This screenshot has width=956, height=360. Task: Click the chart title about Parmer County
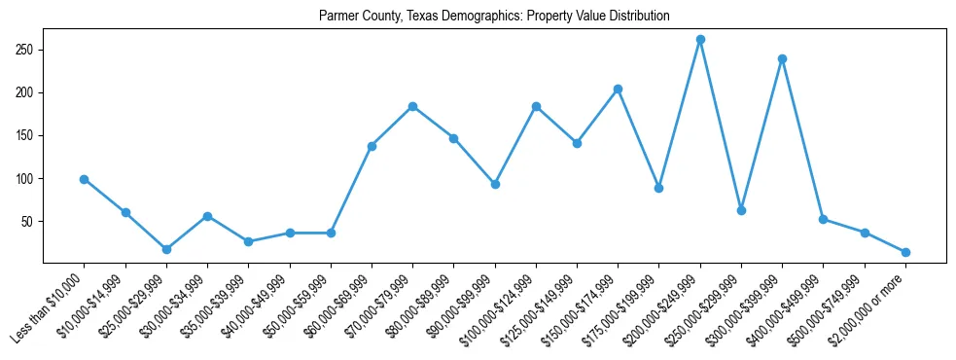pos(494,17)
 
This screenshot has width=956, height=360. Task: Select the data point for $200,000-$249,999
pos(700,40)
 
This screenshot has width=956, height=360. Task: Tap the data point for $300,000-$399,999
pos(782,58)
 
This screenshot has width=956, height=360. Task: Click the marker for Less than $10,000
pos(85,179)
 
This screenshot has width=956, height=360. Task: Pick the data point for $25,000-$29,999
pos(166,249)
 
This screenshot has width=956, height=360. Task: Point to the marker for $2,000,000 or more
pos(905,252)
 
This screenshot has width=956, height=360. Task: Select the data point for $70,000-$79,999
pos(412,106)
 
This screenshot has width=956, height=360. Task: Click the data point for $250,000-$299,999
pos(741,210)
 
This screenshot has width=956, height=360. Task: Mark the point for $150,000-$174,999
pos(618,89)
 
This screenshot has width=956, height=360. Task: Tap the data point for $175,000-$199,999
pos(658,188)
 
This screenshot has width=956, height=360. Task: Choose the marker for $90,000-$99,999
pos(495,184)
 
